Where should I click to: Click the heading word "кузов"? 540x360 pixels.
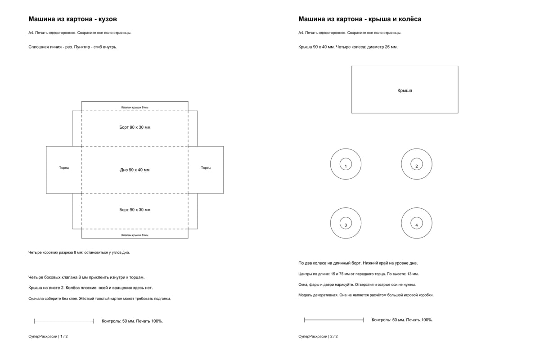pyautogui.click(x=108, y=19)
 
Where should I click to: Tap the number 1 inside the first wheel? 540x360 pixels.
pyautogui.click(x=346, y=166)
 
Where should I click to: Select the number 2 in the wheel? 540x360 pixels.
pyautogui.click(x=417, y=166)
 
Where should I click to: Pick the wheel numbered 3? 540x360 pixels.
pyautogui.click(x=346, y=208)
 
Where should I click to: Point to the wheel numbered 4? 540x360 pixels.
pyautogui.click(x=417, y=208)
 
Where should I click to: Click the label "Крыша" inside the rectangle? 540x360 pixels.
pyautogui.click(x=405, y=90)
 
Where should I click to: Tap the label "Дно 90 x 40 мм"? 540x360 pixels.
pyautogui.click(x=135, y=170)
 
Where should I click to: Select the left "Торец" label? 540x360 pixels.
pyautogui.click(x=64, y=168)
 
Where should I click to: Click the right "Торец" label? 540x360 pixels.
pyautogui.click(x=206, y=168)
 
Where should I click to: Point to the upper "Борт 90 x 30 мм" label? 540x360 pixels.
pyautogui.click(x=135, y=127)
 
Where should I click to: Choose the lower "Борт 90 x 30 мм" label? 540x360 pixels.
pyautogui.click(x=135, y=210)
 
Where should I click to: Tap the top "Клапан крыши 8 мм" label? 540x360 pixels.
pyautogui.click(x=135, y=108)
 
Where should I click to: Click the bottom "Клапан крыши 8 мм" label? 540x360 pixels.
pyautogui.click(x=135, y=235)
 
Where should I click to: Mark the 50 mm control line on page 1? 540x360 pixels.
pyautogui.click(x=64, y=321)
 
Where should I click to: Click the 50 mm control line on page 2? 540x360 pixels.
pyautogui.click(x=334, y=320)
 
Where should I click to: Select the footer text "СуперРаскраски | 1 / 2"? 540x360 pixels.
pyautogui.click(x=48, y=336)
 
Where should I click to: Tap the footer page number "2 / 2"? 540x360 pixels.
pyautogui.click(x=334, y=336)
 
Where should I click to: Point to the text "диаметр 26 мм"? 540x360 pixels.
pyautogui.click(x=382, y=47)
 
